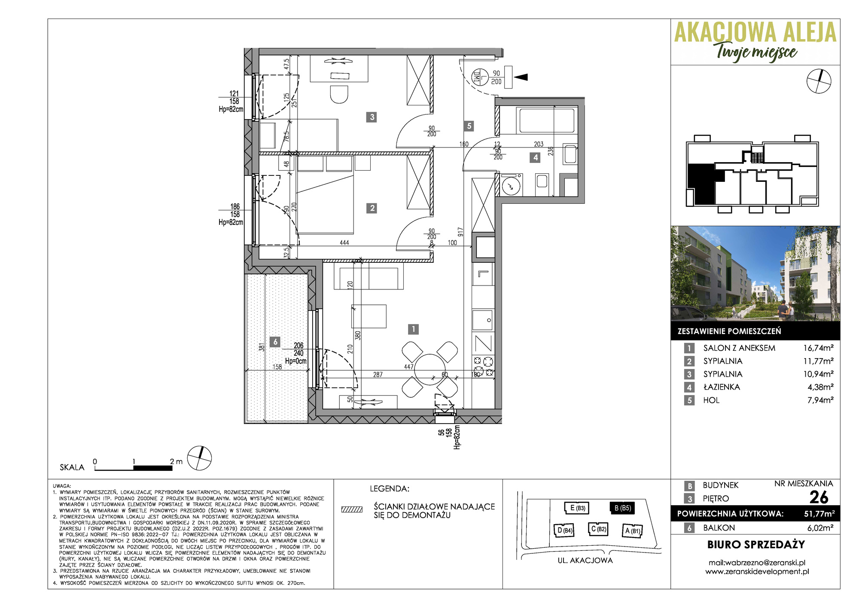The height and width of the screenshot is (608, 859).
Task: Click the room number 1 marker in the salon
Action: (x=413, y=329)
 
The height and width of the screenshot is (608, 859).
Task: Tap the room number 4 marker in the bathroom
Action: (x=535, y=158)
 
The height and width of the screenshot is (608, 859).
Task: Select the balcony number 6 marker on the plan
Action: (x=275, y=342)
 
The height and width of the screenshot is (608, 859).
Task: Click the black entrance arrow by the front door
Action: (x=521, y=77)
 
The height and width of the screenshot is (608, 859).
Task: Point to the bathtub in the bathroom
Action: (x=547, y=120)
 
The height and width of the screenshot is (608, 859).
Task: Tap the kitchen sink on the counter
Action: (x=483, y=319)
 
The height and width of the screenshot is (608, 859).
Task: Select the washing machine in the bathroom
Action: (x=511, y=185)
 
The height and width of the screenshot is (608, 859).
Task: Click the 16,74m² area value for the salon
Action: (x=818, y=348)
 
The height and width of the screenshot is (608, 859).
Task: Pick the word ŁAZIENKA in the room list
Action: (x=722, y=387)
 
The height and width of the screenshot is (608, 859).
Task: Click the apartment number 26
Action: (x=819, y=497)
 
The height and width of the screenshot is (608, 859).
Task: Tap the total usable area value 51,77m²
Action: (x=819, y=513)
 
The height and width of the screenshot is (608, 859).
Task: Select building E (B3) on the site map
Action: (x=576, y=508)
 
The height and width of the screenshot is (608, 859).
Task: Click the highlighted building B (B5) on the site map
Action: (x=622, y=508)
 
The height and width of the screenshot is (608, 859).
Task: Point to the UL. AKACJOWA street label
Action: (x=585, y=560)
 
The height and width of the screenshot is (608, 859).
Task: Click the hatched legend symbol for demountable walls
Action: (x=352, y=510)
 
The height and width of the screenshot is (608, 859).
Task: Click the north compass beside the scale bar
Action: (x=200, y=458)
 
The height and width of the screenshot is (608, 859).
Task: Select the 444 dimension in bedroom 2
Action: (x=344, y=243)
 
